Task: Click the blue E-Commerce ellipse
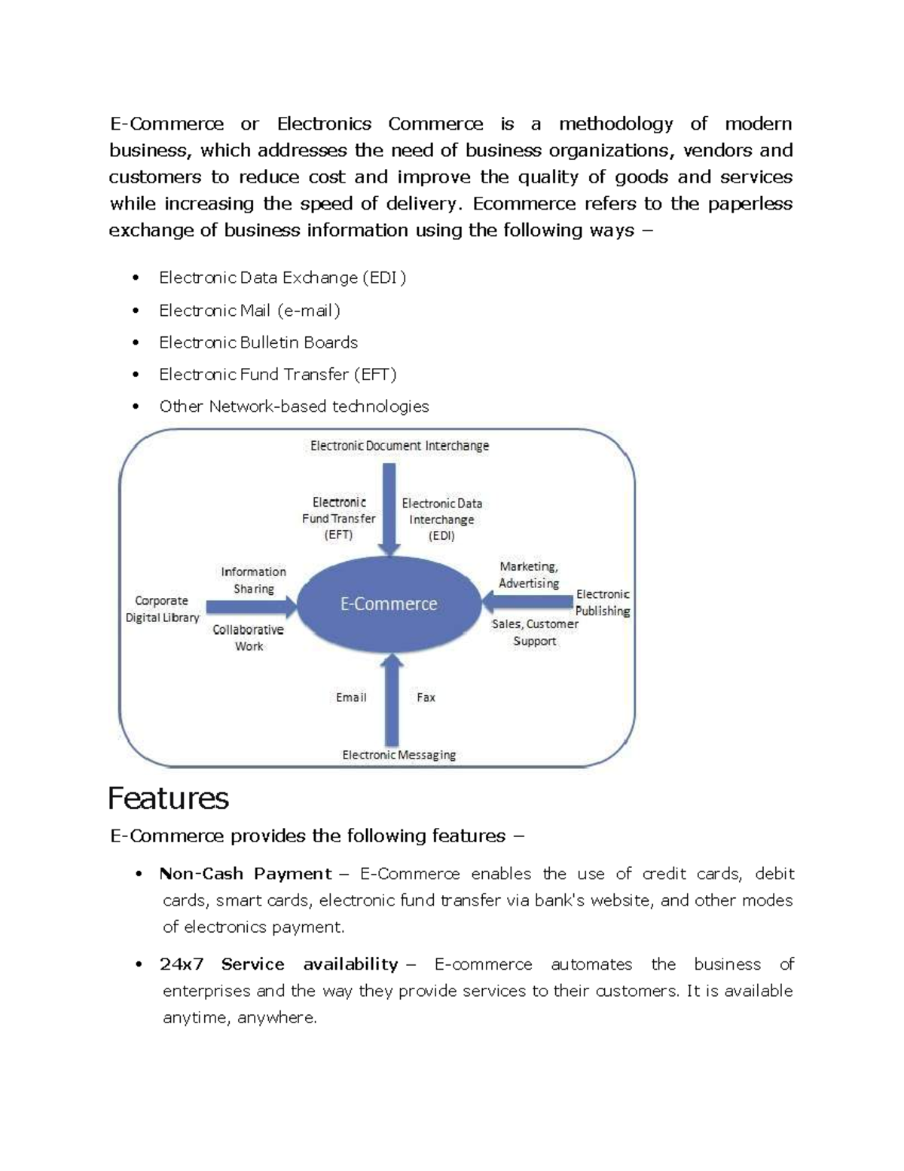(389, 603)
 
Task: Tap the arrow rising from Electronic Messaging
(392, 701)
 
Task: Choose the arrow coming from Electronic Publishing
(527, 602)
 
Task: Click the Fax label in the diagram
(426, 697)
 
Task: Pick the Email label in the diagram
(351, 697)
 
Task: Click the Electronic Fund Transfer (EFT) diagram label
(338, 518)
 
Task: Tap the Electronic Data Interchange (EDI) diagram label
(441, 520)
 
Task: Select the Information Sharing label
(253, 580)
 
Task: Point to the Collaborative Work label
(249, 638)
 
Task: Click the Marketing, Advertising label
(529, 575)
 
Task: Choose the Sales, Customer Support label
(535, 633)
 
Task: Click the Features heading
(168, 798)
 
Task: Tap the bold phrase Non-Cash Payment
(246, 874)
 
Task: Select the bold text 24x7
(182, 964)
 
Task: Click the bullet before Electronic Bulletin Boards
(136, 343)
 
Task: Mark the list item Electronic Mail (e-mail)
(249, 311)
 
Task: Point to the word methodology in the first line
(616, 124)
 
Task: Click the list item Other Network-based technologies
(294, 406)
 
